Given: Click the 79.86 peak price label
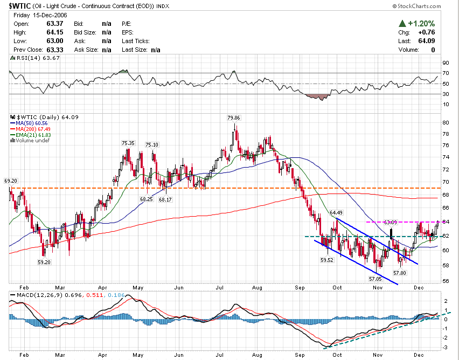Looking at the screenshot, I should coord(233,117).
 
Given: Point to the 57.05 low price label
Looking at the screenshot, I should coord(375,279).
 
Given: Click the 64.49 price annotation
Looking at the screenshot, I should coord(336,213).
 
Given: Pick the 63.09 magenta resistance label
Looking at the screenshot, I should coord(391,222).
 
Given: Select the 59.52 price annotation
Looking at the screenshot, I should coord(328,259).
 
